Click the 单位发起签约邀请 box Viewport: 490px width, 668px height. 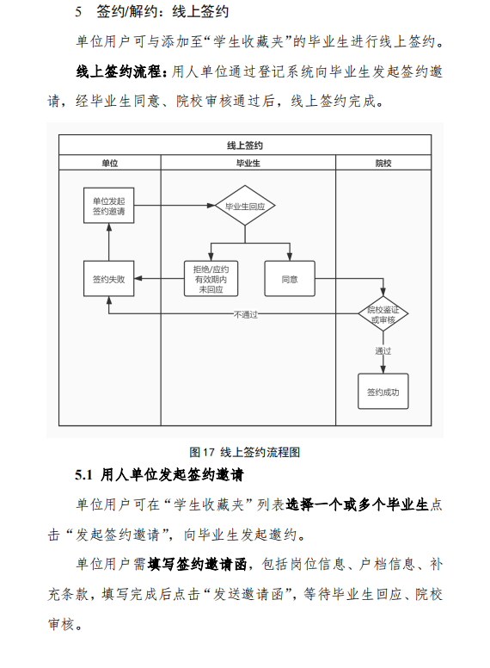point(109,206)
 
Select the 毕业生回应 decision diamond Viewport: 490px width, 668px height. point(245,206)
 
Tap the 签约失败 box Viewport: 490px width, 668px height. point(109,279)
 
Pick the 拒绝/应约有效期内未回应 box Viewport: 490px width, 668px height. point(211,279)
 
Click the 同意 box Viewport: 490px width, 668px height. point(290,279)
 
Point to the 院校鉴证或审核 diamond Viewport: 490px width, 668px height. point(383,314)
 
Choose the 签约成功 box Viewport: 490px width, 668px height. point(383,392)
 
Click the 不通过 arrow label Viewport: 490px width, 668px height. point(245,315)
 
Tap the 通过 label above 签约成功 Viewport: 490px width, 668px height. point(383,351)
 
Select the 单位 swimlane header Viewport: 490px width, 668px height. point(110,163)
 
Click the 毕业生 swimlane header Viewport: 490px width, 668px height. point(248,163)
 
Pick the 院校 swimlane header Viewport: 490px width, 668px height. point(383,163)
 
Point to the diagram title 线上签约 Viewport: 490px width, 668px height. point(245,145)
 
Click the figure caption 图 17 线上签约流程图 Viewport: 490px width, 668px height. point(245,452)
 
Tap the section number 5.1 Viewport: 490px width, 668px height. point(83,474)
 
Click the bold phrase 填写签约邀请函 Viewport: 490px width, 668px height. point(197,564)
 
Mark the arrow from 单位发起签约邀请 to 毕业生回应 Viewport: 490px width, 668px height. point(175,206)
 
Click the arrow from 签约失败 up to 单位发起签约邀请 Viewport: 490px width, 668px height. point(109,242)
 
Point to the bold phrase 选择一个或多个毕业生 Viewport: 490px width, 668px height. point(357,504)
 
